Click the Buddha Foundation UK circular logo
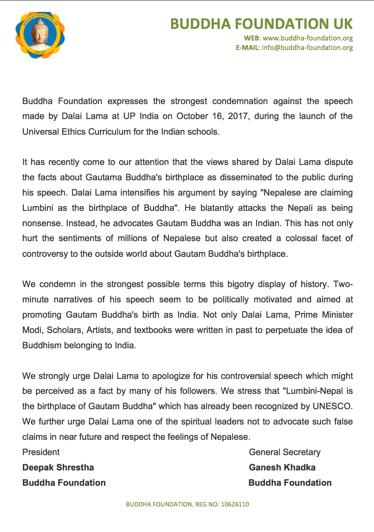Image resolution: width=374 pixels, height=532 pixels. (40, 35)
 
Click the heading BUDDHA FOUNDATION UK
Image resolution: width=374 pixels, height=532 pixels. (261, 24)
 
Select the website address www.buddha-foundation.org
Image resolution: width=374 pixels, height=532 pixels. (308, 38)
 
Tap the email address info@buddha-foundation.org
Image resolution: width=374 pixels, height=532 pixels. (307, 48)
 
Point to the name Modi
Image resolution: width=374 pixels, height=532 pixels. (32, 330)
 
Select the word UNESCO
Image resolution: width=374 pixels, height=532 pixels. (331, 406)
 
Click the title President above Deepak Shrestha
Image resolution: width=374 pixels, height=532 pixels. (41, 452)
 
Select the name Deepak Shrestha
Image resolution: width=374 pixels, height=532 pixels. (58, 467)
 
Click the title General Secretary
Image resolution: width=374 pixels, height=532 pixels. (285, 452)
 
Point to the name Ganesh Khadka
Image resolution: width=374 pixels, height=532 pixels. (282, 467)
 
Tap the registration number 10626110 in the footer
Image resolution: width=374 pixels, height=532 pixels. (235, 504)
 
